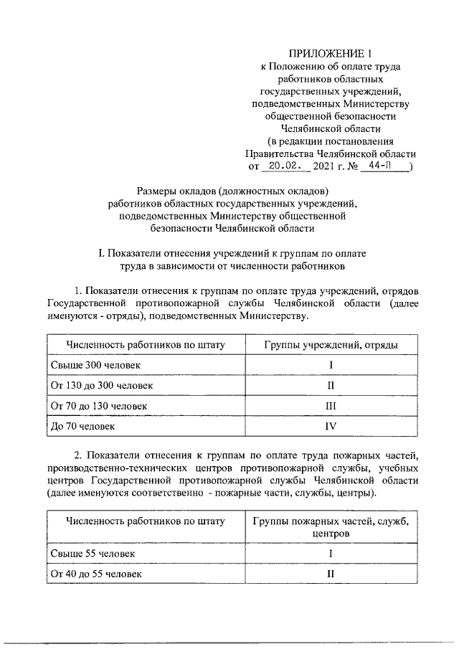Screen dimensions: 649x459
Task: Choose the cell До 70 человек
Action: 82,426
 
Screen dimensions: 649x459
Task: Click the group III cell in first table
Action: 331,406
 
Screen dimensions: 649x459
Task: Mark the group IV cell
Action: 331,426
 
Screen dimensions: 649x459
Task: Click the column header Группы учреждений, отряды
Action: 331,345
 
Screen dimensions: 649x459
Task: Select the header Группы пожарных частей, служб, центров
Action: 331,527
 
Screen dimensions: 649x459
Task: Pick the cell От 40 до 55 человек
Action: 96,574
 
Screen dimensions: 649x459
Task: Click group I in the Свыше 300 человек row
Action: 331,366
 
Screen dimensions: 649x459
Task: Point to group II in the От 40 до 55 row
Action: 331,574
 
